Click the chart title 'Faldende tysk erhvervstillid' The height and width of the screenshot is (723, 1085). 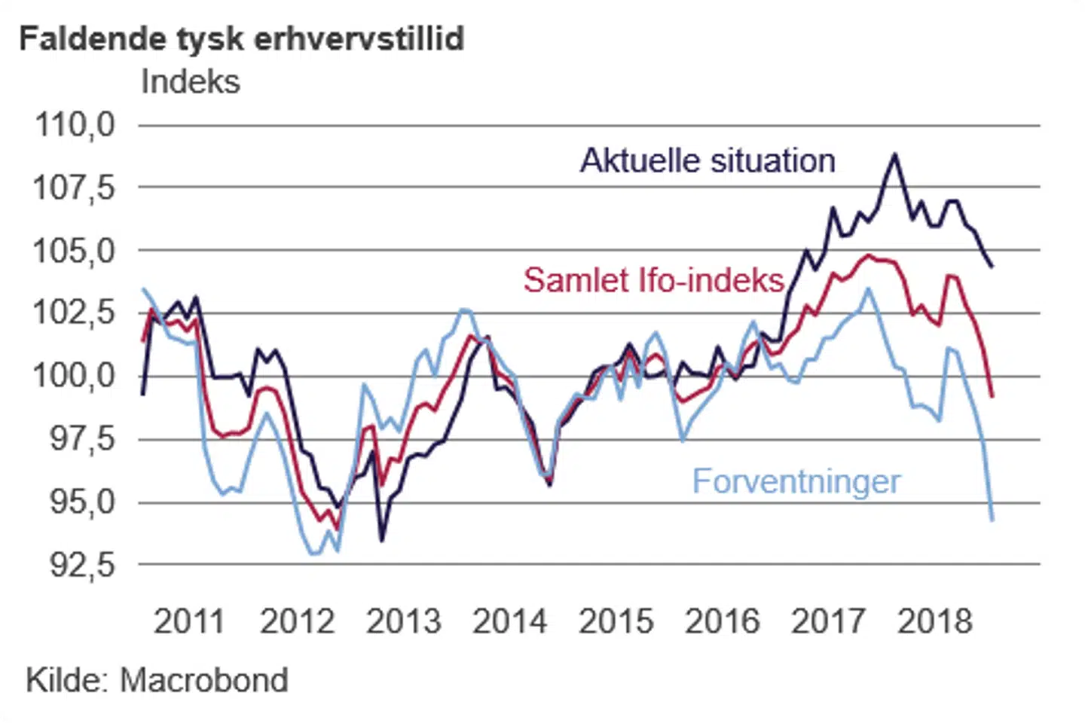241,38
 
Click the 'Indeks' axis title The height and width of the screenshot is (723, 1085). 190,81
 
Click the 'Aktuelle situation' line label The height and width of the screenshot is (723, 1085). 708,160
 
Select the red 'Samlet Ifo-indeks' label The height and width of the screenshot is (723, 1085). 654,280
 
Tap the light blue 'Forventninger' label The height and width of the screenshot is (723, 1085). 796,481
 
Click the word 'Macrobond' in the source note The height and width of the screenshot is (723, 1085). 204,680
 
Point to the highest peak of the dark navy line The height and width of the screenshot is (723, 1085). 894,154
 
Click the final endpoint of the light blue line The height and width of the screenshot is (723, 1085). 992,520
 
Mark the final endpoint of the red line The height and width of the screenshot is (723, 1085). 992,396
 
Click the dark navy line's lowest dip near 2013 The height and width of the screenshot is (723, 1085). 382,540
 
